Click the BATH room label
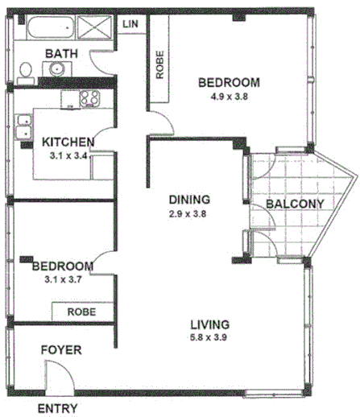[x=61, y=54]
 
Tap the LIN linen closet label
[x=131, y=24]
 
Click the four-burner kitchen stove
[x=89, y=99]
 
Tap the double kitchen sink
[x=23, y=128]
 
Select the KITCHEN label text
[x=68, y=142]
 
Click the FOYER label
[x=61, y=351]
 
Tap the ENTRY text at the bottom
[x=58, y=408]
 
